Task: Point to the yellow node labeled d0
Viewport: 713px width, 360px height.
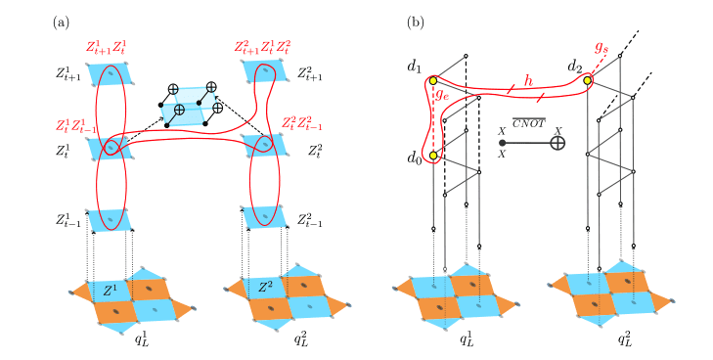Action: click(x=432, y=155)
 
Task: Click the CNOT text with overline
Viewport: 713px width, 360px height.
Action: click(x=527, y=122)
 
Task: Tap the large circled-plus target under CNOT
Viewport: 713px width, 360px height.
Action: click(x=557, y=143)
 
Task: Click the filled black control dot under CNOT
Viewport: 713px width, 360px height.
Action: click(x=503, y=143)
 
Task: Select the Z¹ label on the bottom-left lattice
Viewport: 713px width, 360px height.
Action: click(x=111, y=289)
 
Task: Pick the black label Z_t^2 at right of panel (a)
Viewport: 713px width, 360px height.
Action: click(x=319, y=150)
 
